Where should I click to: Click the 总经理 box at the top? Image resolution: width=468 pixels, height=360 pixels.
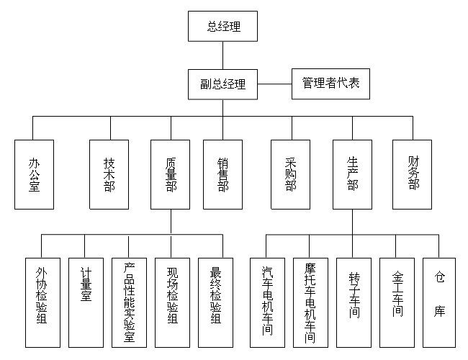click(x=222, y=26)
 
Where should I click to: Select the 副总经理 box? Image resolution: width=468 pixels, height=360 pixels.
click(x=222, y=84)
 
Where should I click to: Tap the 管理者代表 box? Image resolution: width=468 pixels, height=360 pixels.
click(x=330, y=84)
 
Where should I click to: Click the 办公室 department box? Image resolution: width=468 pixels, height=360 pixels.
click(x=34, y=175)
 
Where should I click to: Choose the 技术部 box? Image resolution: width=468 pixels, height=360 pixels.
click(x=109, y=175)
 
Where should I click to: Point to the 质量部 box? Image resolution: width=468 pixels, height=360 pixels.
click(x=171, y=175)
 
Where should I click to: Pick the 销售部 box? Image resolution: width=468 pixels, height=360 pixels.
click(x=223, y=175)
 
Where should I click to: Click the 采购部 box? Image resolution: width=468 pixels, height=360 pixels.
click(x=290, y=175)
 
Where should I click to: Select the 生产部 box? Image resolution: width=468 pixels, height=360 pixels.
click(x=353, y=175)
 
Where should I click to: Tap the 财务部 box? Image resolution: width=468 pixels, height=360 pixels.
click(x=412, y=175)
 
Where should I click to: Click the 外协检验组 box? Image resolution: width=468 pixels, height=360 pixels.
click(x=42, y=302)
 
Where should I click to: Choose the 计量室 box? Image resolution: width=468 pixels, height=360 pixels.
click(x=86, y=302)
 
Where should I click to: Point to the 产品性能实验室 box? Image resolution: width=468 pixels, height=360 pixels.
click(x=129, y=302)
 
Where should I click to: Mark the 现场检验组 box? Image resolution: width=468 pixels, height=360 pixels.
click(x=173, y=302)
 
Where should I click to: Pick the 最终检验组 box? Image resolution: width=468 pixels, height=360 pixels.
click(x=216, y=302)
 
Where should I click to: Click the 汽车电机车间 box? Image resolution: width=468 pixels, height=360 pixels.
click(x=267, y=302)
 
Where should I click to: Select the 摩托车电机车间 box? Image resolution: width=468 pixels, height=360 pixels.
click(x=311, y=302)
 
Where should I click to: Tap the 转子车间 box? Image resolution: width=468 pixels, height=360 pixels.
click(x=354, y=302)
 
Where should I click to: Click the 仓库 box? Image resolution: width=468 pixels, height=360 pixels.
click(x=439, y=302)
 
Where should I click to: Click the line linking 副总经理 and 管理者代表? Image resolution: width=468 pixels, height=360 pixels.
click(x=274, y=84)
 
